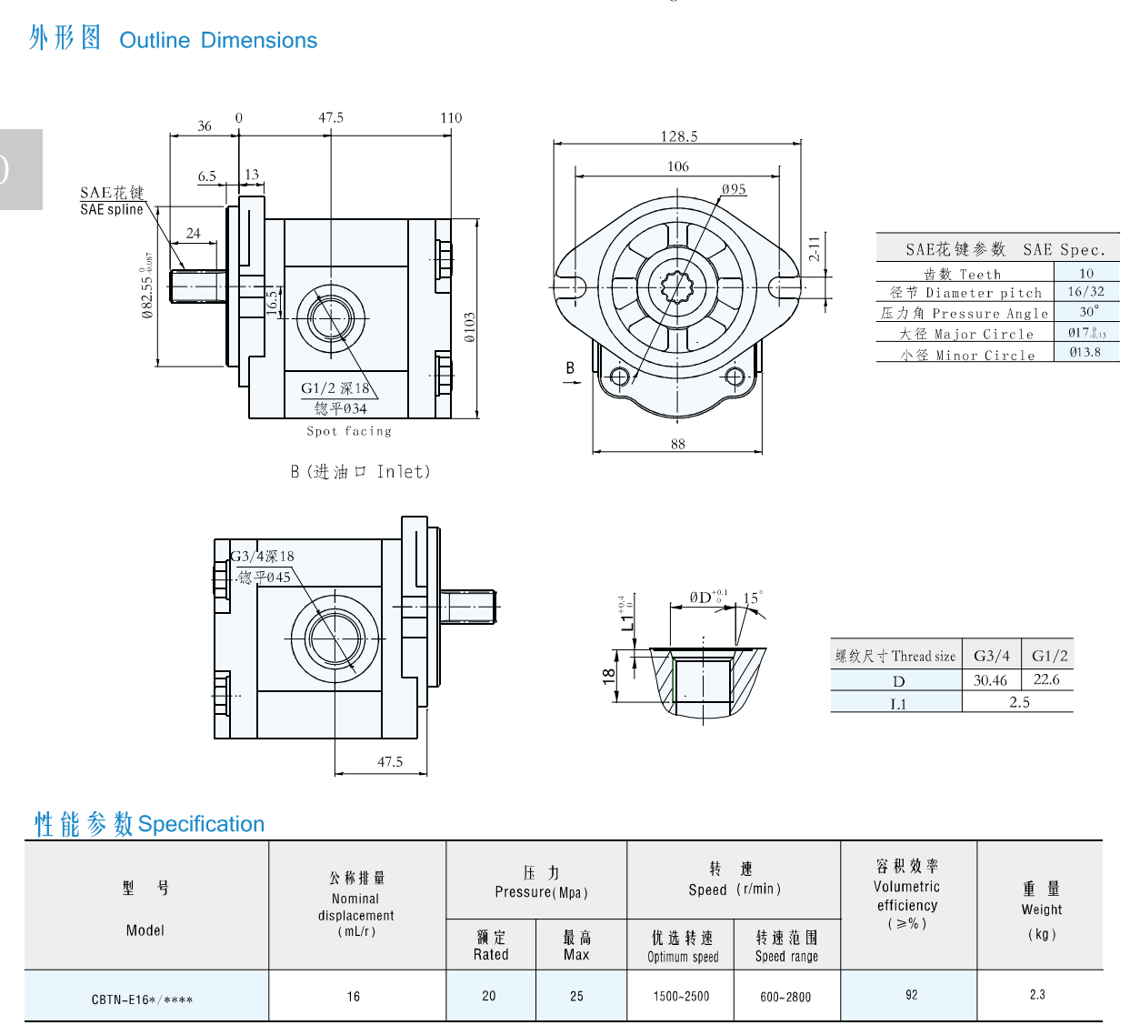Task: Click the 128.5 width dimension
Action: [x=678, y=136]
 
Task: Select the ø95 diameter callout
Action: [x=734, y=189]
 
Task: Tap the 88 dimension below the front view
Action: [x=678, y=444]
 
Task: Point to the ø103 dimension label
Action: [x=469, y=327]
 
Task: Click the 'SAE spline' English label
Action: [x=112, y=209]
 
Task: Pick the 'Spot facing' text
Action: [x=349, y=431]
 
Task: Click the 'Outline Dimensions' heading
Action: [x=218, y=40]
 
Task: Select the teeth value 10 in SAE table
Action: [x=1086, y=273]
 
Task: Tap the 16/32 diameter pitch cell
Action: [x=1086, y=292]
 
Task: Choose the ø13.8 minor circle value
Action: [x=1085, y=352]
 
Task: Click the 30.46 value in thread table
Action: [x=990, y=680]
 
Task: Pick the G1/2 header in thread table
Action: [x=1049, y=656]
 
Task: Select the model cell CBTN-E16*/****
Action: [x=142, y=1000]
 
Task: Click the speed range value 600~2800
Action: [x=785, y=997]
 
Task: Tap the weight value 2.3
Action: [x=1037, y=995]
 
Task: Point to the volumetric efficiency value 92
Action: [x=911, y=995]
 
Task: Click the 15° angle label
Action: [x=753, y=598]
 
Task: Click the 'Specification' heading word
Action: [x=201, y=824]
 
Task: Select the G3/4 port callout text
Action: [x=263, y=556]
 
